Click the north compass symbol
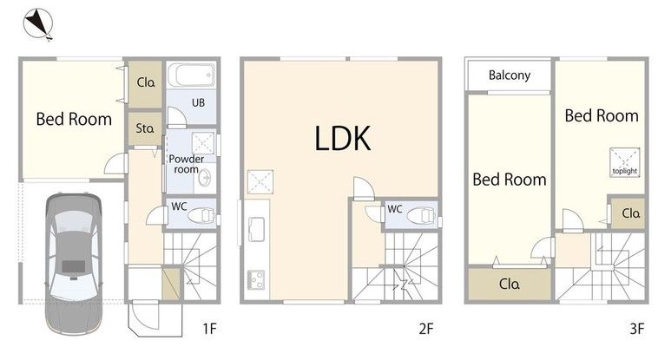[x=38, y=24]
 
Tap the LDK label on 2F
[x=343, y=138]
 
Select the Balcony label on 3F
[x=510, y=75]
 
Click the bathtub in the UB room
[x=192, y=75]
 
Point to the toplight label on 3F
[x=624, y=171]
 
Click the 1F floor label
[x=210, y=328]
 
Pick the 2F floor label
[x=426, y=328]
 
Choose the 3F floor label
[x=636, y=328]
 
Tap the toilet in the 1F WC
[x=201, y=216]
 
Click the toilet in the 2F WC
[x=421, y=217]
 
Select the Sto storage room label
[x=145, y=128]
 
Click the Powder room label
[x=187, y=164]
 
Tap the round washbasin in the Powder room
[x=205, y=178]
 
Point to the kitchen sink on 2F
[x=256, y=229]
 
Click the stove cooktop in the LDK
[x=255, y=280]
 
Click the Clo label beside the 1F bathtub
[x=146, y=82]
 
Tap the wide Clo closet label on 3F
[x=510, y=284]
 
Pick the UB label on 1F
[x=198, y=102]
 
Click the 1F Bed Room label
[x=74, y=119]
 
